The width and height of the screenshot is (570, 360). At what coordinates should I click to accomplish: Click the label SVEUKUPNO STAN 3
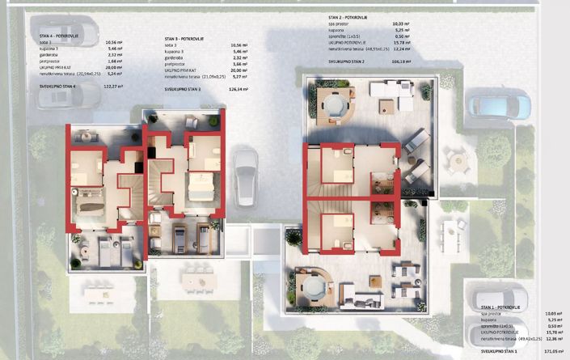[x=183, y=90]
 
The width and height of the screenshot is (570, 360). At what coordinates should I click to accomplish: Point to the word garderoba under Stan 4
[x=52, y=54]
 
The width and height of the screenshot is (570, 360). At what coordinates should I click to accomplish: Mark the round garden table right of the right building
[x=458, y=162]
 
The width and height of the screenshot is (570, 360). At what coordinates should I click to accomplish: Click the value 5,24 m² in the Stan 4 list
[x=114, y=72]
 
